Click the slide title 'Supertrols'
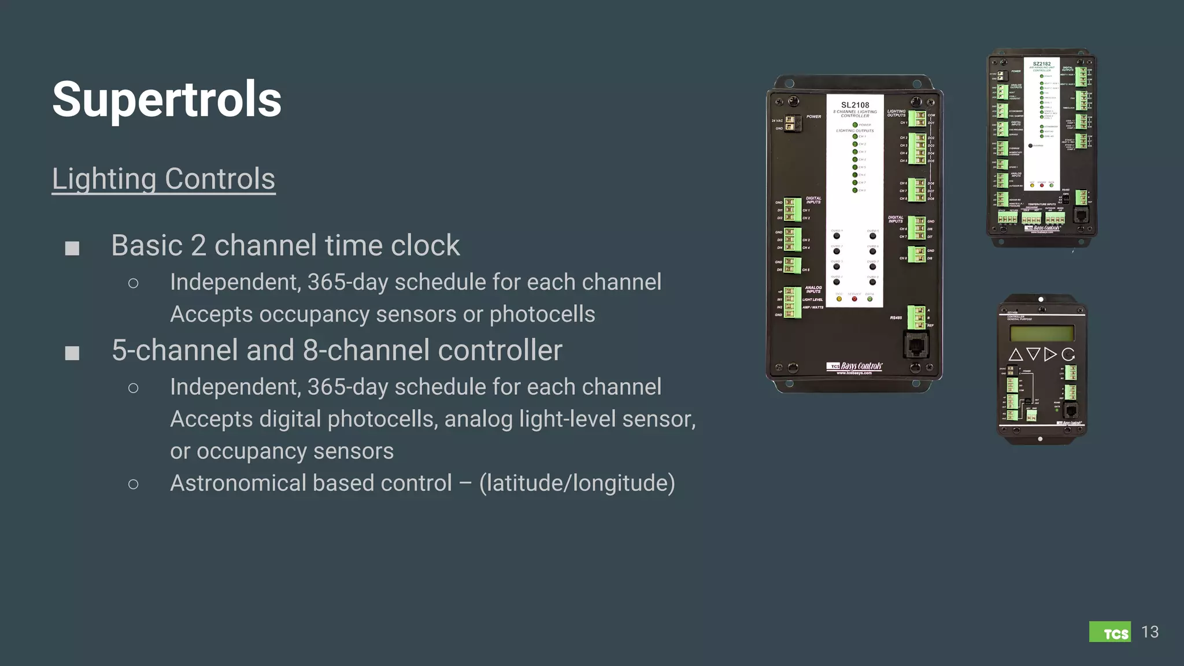pyautogui.click(x=166, y=99)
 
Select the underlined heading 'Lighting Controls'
pyautogui.click(x=164, y=179)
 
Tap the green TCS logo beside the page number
pyautogui.click(x=1109, y=632)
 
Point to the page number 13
pyautogui.click(x=1150, y=632)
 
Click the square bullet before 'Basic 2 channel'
pyautogui.click(x=72, y=248)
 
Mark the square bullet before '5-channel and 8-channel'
pyautogui.click(x=72, y=353)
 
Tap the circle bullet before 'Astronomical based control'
pyautogui.click(x=134, y=484)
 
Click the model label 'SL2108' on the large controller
pyautogui.click(x=855, y=105)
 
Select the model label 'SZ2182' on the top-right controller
pyautogui.click(x=1042, y=64)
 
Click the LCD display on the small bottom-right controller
pyautogui.click(x=1042, y=333)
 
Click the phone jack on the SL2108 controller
pyautogui.click(x=916, y=345)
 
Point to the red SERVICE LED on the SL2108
pyautogui.click(x=854, y=299)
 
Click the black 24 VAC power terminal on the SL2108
pyautogui.click(x=790, y=123)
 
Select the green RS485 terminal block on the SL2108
pyautogui.click(x=916, y=317)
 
